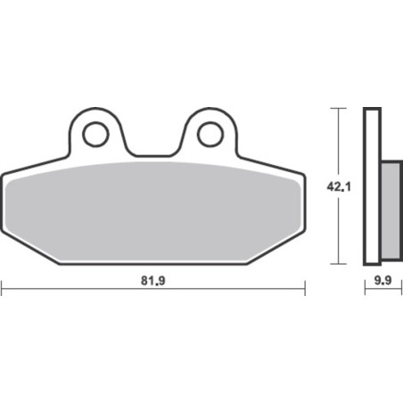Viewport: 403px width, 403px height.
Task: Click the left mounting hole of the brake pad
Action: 94,134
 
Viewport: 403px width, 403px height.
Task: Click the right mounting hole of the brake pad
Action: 210,134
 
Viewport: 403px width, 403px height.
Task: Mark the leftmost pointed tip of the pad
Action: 3,175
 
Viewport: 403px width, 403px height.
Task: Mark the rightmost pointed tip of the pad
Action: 305,175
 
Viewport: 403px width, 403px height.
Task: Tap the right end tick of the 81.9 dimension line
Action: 305,287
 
